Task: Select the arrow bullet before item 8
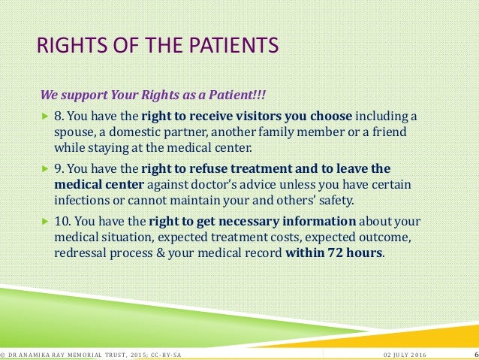pos(44,117)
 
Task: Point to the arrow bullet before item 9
pos(44,169)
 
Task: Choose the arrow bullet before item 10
pos(44,222)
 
